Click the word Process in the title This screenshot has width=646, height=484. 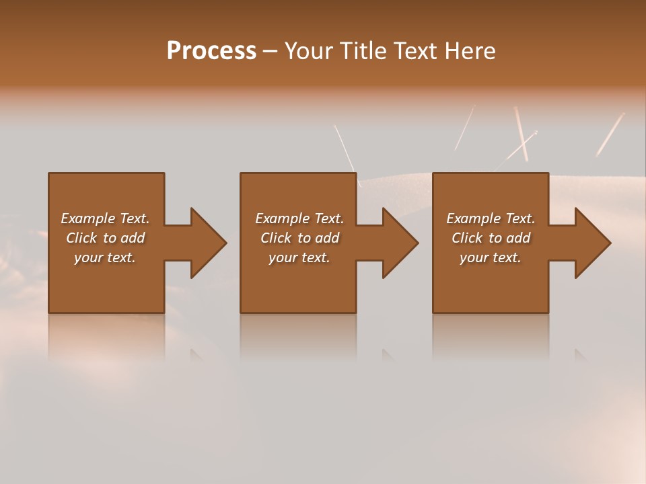click(x=211, y=51)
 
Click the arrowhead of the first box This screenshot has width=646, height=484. click(x=207, y=243)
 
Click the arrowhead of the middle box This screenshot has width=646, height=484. click(x=400, y=243)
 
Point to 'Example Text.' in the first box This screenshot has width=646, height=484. click(x=105, y=218)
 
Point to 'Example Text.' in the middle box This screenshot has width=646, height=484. click(x=299, y=218)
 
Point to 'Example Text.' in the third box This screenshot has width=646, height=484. click(x=491, y=218)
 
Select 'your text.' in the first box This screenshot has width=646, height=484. click(x=105, y=257)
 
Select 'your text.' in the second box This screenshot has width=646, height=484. click(x=299, y=257)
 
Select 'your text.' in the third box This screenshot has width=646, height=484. click(x=491, y=257)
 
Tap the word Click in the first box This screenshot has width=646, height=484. click(x=81, y=238)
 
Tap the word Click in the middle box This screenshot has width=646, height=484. click(x=276, y=238)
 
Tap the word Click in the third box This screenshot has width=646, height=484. click(x=467, y=238)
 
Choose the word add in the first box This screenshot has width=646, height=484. click(x=133, y=238)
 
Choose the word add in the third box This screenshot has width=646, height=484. click(x=518, y=238)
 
